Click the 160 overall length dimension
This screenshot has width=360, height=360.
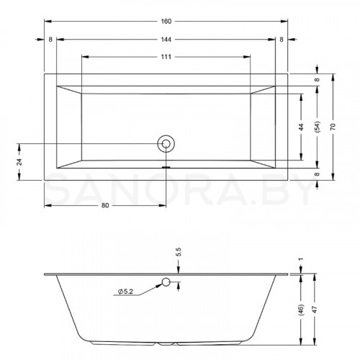pyautogui.click(x=166, y=22)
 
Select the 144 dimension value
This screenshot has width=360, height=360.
pyautogui.click(x=166, y=40)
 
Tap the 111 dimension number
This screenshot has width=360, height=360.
pyautogui.click(x=166, y=57)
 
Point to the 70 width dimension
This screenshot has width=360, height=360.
pyautogui.click(x=333, y=127)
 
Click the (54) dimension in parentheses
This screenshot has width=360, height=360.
pyautogui.click(x=317, y=127)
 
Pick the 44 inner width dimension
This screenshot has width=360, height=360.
pyautogui.click(x=301, y=127)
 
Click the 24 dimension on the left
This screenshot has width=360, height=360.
pyautogui.click(x=19, y=162)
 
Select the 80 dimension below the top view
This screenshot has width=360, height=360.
pyautogui.click(x=105, y=205)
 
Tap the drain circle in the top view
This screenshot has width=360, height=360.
pyautogui.click(x=166, y=144)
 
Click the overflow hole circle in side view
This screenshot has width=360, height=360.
pyautogui.click(x=166, y=282)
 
